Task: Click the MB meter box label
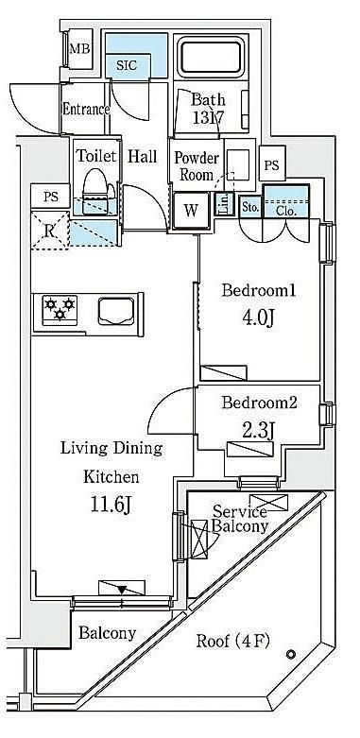pos(79,49)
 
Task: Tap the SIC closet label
pos(127,65)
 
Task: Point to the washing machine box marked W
pos(191,211)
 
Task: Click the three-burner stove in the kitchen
pos(60,310)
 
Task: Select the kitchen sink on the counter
pos(116,311)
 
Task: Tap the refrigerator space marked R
pos(50,231)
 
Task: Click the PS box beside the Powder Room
pos(271,164)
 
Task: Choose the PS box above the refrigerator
pos(50,197)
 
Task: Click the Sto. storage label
pos(249,208)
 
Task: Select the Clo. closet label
pos(286,212)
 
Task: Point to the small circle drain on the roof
pos(291,654)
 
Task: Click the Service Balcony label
pos(240,518)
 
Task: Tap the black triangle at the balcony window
pos(122,590)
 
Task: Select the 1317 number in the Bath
pos(208,117)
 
